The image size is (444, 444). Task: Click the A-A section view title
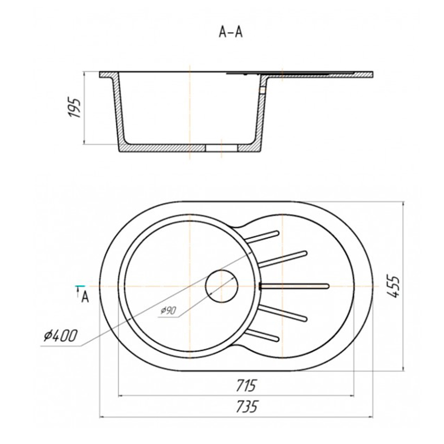click(231, 33)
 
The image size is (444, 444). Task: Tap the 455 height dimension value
click(393, 286)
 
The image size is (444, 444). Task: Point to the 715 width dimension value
click(246, 385)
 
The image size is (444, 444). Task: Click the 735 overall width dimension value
click(247, 407)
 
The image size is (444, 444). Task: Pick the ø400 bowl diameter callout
click(60, 336)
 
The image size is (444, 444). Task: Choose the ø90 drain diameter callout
click(169, 311)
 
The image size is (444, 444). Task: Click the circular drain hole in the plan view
click(222, 286)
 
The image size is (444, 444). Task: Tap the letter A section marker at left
click(85, 297)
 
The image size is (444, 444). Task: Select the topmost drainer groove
click(262, 236)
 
